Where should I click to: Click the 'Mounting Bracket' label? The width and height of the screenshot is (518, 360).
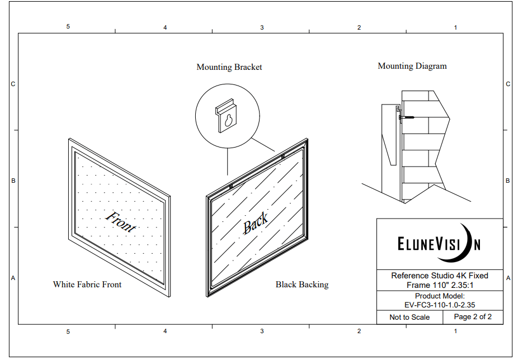229,67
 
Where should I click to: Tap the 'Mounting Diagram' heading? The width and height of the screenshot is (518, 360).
412,66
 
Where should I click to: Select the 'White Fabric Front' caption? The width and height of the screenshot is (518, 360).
87,285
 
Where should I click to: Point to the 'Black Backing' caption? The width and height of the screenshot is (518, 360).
302,285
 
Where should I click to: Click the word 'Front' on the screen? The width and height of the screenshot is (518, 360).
120,221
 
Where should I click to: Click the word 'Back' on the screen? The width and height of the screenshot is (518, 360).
255,223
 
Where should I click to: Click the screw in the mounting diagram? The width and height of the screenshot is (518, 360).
407,117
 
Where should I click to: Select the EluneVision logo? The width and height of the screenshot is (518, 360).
439,244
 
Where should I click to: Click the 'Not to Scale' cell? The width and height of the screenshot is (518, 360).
409,317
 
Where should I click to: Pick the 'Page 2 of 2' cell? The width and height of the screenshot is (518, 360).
473,317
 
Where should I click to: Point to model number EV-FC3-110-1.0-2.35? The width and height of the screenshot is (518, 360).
440,305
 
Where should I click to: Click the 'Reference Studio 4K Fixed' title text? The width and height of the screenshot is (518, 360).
440,276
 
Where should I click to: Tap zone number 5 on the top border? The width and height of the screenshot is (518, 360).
68,27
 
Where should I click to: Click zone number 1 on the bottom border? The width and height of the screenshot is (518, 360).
455,331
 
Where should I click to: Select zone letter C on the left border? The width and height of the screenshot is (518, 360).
13,84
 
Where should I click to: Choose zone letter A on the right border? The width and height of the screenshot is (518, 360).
508,278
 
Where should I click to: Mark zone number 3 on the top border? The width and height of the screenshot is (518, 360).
262,27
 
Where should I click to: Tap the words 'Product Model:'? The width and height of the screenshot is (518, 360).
440,296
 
